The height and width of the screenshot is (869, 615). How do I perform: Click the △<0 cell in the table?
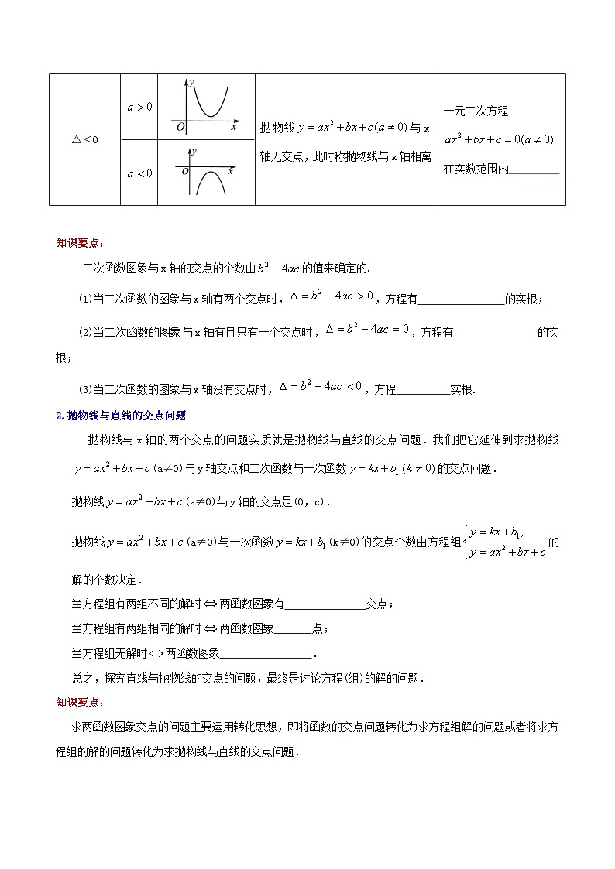84,139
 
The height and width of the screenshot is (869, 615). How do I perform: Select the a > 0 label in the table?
139,107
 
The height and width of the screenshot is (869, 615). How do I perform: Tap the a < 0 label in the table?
139,173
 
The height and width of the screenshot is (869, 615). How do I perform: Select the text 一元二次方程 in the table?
476,111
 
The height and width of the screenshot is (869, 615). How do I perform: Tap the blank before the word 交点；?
325,605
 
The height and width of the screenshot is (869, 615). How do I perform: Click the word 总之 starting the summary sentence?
82,678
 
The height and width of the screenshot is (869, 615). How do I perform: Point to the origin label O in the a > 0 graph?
180,127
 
